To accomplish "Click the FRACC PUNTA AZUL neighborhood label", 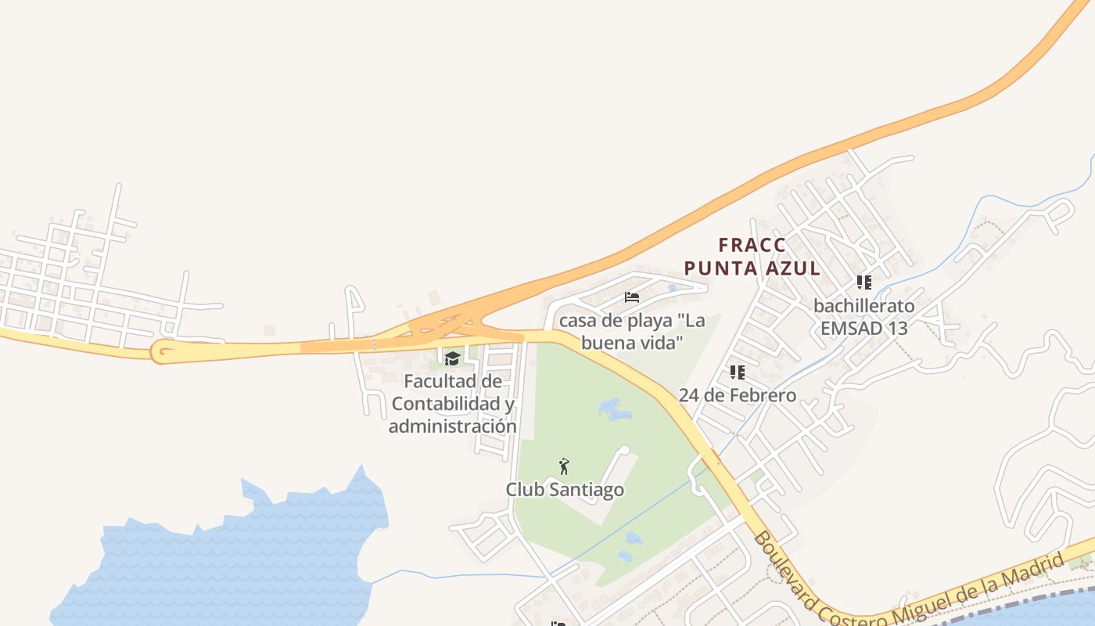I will pyautogui.click(x=752, y=257).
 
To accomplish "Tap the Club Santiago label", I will pyautogui.click(x=565, y=490).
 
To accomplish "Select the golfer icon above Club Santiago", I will pyautogui.click(x=564, y=467).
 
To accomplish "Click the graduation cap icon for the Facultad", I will pyautogui.click(x=452, y=359).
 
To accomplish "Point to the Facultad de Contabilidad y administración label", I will pyautogui.click(x=452, y=404).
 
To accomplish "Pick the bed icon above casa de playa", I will pyautogui.click(x=632, y=297).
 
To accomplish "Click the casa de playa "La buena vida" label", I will pyautogui.click(x=632, y=332).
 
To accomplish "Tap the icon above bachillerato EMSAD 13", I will pyautogui.click(x=863, y=282).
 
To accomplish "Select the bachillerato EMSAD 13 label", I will pyautogui.click(x=863, y=316).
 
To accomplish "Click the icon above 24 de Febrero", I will pyautogui.click(x=737, y=372).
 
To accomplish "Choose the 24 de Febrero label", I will pyautogui.click(x=737, y=395).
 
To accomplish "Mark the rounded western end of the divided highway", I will pyautogui.click(x=162, y=352).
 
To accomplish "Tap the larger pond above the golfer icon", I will pyautogui.click(x=615, y=408).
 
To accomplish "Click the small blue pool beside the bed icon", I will pyautogui.click(x=671, y=288).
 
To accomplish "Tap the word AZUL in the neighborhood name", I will pyautogui.click(x=791, y=268).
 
